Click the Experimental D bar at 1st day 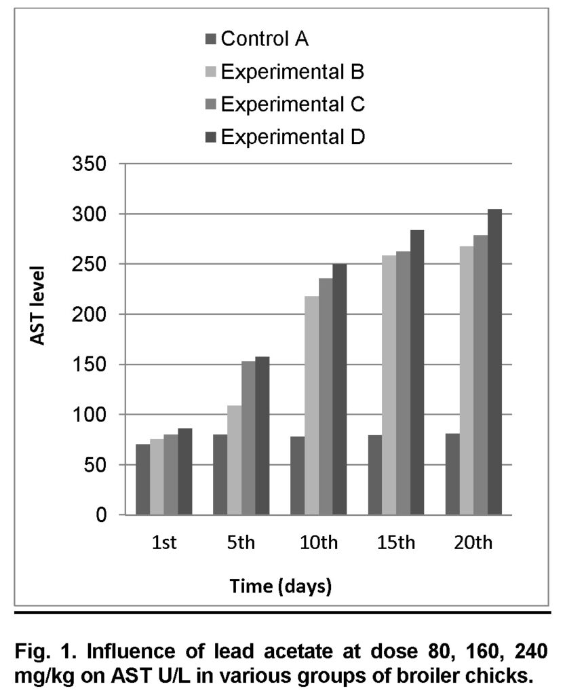point(185,471)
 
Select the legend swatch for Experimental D point(210,137)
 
